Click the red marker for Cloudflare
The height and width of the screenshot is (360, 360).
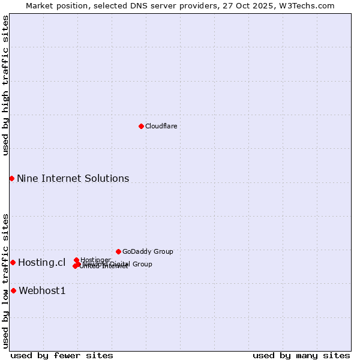141,126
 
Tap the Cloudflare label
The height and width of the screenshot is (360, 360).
161,126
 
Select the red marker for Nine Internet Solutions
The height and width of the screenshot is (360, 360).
11,178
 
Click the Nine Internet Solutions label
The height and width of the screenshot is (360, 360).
73,178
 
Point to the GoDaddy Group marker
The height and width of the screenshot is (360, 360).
118,251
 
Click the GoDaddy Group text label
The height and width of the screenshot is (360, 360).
147,251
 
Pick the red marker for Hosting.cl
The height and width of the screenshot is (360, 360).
13,262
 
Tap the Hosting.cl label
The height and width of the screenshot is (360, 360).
41,262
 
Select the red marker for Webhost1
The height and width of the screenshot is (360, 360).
13,290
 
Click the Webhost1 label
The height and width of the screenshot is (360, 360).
42,291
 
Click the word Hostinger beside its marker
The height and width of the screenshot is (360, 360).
95,260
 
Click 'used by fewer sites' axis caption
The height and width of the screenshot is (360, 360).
62,355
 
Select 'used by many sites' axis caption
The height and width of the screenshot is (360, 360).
301,355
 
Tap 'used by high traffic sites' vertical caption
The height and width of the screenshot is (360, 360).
5,85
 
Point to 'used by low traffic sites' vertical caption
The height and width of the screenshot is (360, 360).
5,280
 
